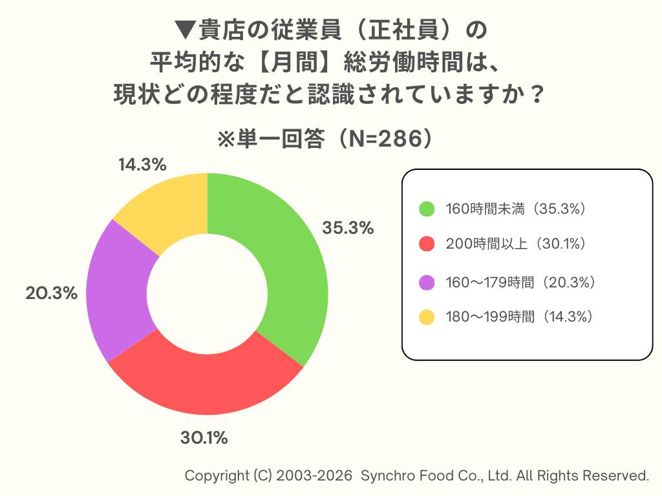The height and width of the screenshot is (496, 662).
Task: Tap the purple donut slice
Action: [120, 291]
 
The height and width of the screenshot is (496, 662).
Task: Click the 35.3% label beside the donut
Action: [348, 228]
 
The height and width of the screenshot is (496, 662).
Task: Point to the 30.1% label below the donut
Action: [204, 438]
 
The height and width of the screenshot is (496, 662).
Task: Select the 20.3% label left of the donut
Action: [52, 293]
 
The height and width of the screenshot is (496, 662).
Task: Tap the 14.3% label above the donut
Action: [142, 165]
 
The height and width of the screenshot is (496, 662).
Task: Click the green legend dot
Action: [427, 209]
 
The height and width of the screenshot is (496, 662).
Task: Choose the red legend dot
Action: [427, 244]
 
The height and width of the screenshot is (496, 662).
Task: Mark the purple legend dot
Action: [427, 282]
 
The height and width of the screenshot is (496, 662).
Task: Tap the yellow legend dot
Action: [427, 317]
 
